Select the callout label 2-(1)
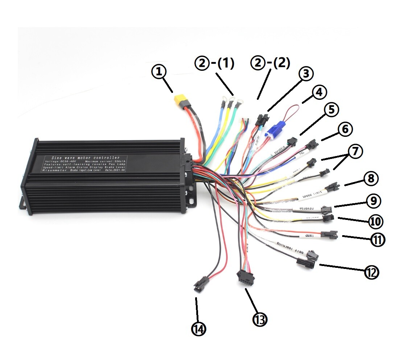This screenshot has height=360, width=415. coord(215,64)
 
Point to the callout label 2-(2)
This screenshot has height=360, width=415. coord(271,63)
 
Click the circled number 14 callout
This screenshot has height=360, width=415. coord(198,329)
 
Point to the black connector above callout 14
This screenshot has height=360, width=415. coord(200,283)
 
